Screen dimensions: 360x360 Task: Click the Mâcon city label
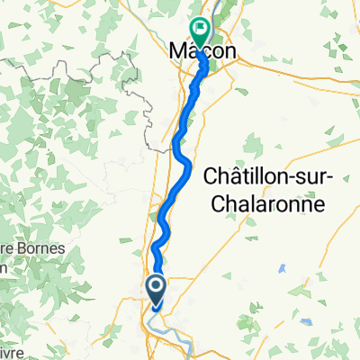(x=203, y=53)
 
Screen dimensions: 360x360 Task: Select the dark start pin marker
(x=156, y=289)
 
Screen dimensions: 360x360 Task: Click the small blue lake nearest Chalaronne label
(x=281, y=268)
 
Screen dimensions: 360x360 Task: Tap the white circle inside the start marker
(x=156, y=287)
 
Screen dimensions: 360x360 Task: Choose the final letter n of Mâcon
(x=230, y=53)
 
